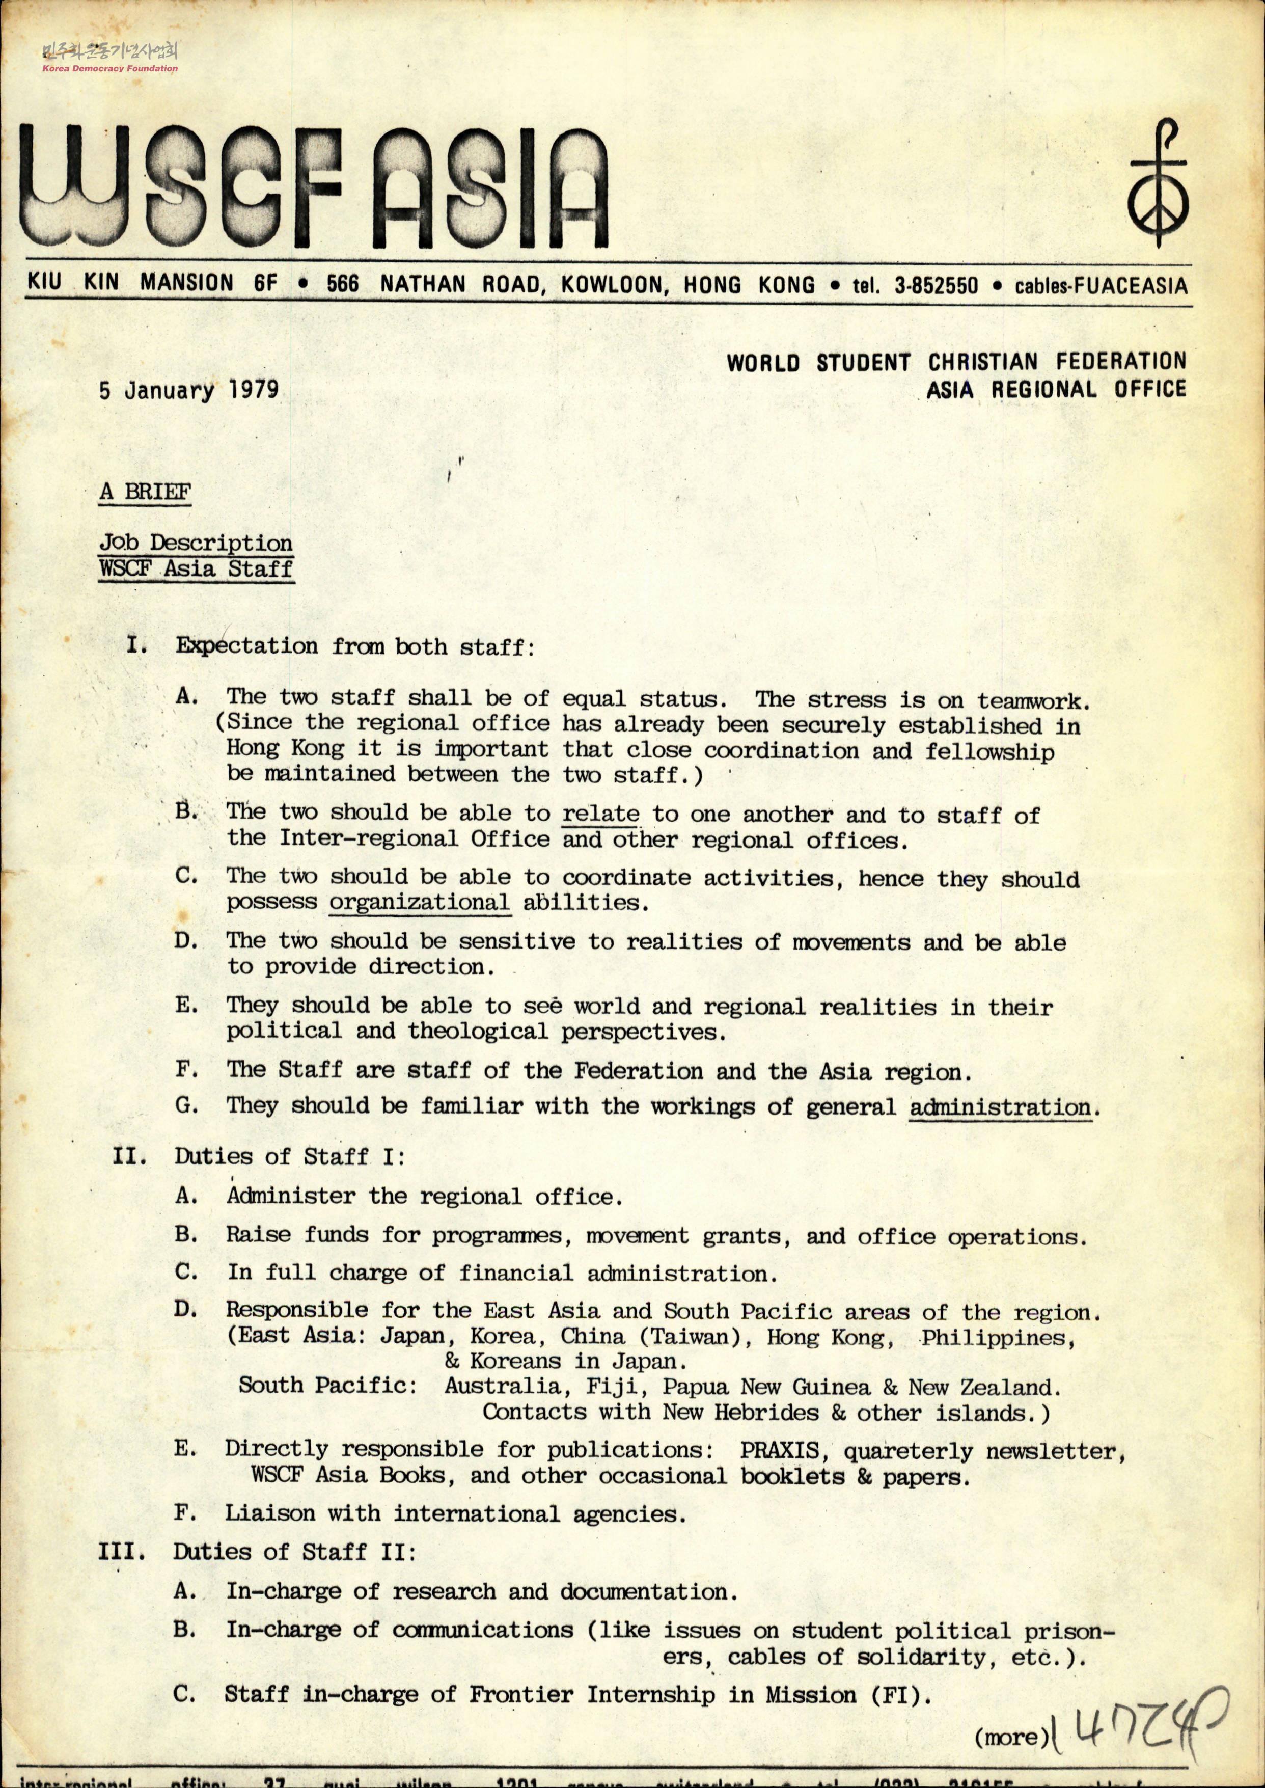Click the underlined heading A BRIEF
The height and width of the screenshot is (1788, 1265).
(145, 493)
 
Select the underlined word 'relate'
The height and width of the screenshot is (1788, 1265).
(600, 814)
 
